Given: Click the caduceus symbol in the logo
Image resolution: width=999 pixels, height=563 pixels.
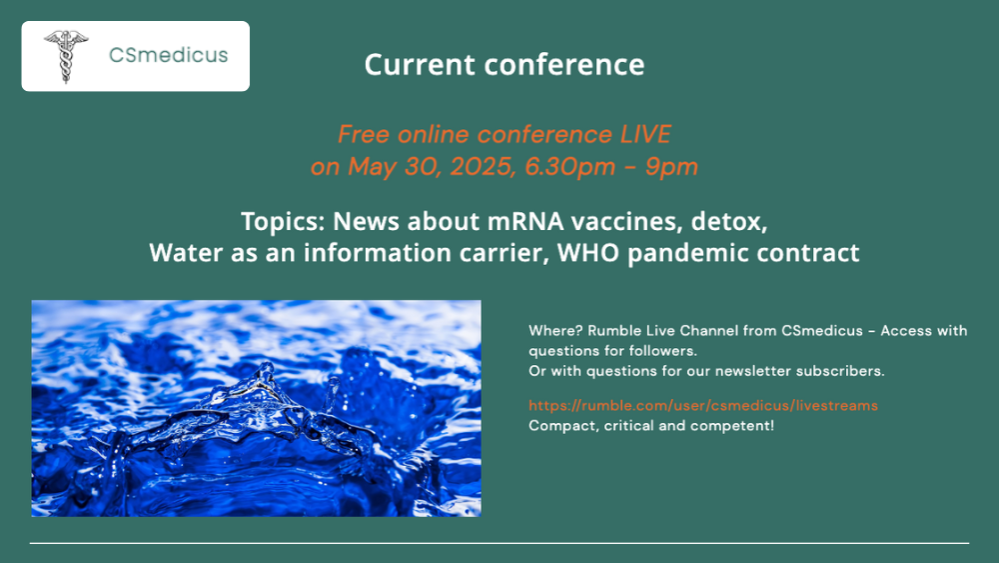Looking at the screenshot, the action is [x=66, y=56].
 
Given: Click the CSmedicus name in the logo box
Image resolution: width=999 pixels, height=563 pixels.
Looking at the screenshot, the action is [x=168, y=55].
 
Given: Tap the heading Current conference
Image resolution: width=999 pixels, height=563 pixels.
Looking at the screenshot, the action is [x=503, y=64].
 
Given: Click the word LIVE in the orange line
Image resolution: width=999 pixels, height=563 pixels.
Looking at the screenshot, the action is [x=645, y=134].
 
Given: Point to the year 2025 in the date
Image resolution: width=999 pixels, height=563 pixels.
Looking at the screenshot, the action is [x=483, y=166].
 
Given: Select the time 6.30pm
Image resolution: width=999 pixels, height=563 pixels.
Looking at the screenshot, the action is [x=570, y=167].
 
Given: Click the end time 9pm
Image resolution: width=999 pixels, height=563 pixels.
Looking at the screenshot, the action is [x=671, y=167].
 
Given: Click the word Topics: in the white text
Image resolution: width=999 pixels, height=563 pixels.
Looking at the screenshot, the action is [x=283, y=222].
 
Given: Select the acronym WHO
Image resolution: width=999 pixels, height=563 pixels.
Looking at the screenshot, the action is [x=588, y=252].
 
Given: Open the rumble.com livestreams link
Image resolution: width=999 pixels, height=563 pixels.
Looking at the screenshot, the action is [x=702, y=406].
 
